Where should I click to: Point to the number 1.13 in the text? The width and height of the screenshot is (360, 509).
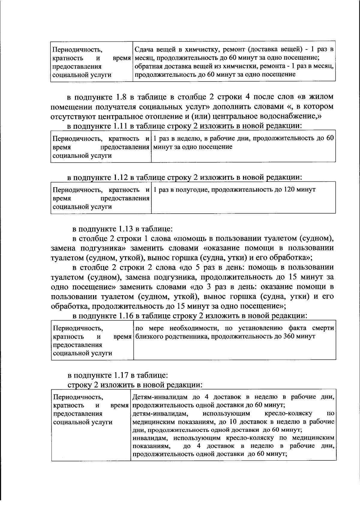(x=126, y=229)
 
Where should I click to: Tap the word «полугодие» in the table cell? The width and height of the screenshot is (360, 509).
(x=180, y=190)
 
